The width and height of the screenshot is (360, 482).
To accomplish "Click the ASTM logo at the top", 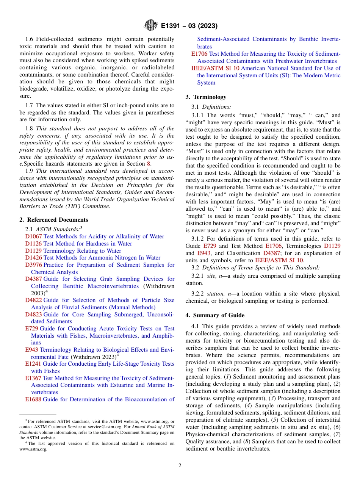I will tap(151, 26).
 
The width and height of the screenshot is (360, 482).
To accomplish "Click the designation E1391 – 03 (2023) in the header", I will tap(189, 26).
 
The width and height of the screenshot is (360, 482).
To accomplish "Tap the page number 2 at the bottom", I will tap(180, 465).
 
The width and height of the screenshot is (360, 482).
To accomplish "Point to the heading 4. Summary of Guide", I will tap(215, 315).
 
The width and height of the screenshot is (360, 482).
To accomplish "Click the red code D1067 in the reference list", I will tap(33, 236).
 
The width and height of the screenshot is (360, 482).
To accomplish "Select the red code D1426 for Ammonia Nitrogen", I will tap(33, 258).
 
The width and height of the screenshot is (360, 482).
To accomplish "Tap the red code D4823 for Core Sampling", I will tap(33, 315).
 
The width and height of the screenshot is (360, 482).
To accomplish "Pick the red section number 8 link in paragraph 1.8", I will tap(148, 164).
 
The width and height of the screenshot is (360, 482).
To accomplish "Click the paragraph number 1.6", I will tap(30, 39).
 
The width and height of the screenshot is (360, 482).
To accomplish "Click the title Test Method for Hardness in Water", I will tap(88, 244).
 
